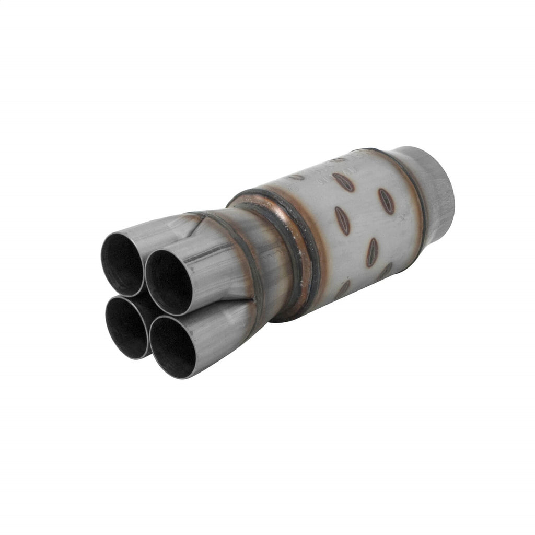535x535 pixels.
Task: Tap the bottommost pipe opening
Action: (172, 347)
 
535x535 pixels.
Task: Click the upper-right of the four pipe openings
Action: (168, 282)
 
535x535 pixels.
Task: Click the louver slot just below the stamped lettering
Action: (344, 182)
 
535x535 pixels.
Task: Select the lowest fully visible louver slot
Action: (372, 252)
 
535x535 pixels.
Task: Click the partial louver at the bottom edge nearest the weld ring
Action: (343, 289)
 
